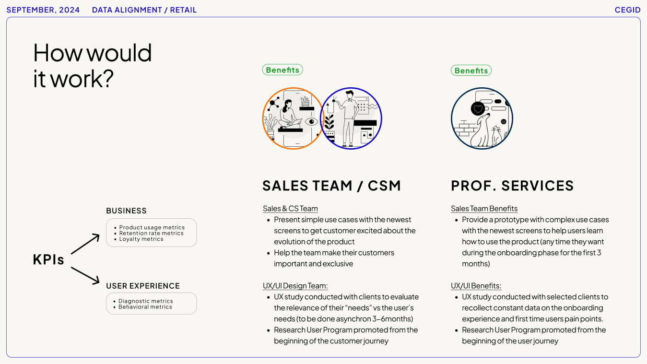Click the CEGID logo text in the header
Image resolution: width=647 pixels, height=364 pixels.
(x=627, y=10)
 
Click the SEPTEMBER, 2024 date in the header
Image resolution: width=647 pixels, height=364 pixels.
(x=43, y=10)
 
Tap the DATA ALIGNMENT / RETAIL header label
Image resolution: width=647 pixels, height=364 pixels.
(x=144, y=10)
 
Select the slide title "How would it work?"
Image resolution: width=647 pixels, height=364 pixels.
(x=93, y=65)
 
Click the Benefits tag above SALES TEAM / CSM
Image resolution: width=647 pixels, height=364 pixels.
(x=282, y=70)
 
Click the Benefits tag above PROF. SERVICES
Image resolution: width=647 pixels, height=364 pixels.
(x=471, y=70)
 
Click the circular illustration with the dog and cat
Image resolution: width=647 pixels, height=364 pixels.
(x=482, y=118)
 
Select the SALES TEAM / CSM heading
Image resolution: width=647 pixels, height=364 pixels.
(x=331, y=186)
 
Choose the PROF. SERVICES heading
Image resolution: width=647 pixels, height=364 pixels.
(x=512, y=186)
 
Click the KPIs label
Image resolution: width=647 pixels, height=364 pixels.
(x=48, y=259)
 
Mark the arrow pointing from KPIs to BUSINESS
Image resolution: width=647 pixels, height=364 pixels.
(x=85, y=244)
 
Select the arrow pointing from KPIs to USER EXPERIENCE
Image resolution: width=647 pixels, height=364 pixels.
(x=85, y=276)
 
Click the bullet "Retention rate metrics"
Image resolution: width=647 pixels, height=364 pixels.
(x=152, y=233)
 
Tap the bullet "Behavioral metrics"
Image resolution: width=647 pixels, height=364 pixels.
(x=145, y=307)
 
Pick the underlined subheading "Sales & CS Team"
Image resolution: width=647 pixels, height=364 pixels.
(x=290, y=209)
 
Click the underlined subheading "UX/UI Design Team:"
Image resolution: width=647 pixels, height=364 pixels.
(x=295, y=286)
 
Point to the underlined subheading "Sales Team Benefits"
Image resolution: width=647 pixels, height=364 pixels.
(x=484, y=209)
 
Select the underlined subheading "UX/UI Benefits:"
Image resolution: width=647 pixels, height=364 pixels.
(x=476, y=286)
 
